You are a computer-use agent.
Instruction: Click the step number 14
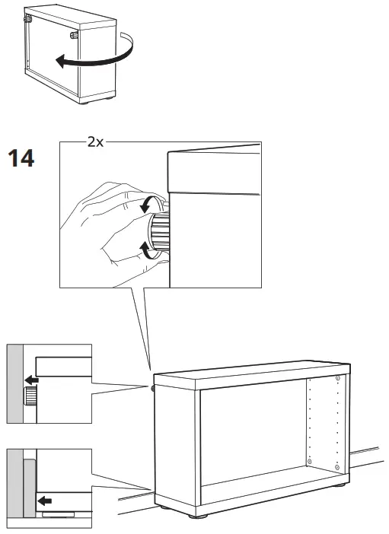(x=21, y=159)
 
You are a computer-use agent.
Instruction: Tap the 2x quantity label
(x=95, y=142)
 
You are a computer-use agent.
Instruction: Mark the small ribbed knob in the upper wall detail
(x=31, y=396)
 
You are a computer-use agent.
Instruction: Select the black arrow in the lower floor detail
(x=46, y=501)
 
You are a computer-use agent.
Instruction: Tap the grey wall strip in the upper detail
(x=16, y=384)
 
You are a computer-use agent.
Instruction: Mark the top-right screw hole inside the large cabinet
(x=338, y=378)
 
